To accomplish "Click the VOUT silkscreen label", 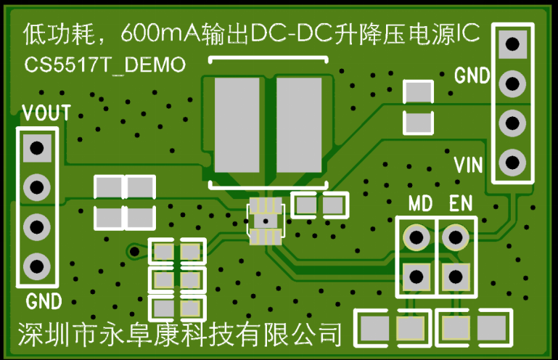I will click(46, 113).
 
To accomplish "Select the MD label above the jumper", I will click(420, 204).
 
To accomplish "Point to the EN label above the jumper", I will click(460, 204).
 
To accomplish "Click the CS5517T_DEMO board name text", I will click(104, 65).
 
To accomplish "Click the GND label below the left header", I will click(44, 301).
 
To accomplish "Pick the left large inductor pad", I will click(237, 128).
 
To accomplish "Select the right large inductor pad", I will click(298, 128).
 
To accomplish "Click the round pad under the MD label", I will click(417, 237).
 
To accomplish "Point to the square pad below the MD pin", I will click(417, 276).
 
